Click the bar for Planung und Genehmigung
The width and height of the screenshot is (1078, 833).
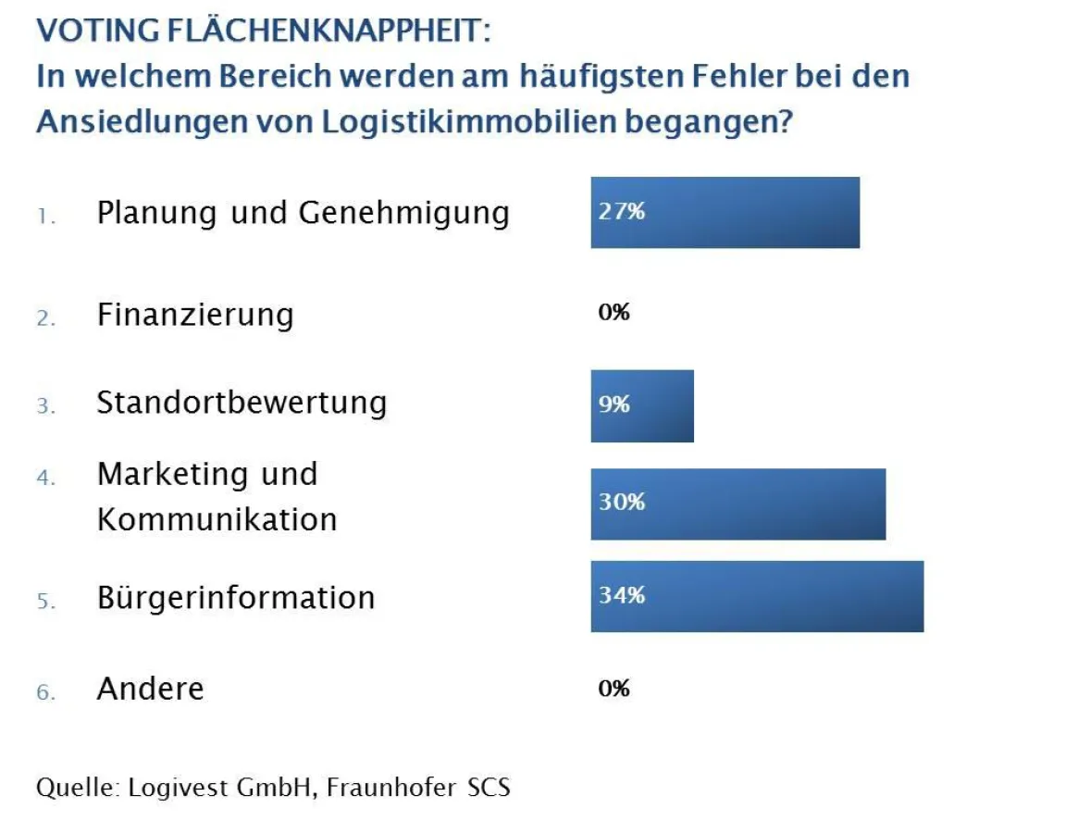point(725,213)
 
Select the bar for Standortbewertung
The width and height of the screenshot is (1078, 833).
point(642,406)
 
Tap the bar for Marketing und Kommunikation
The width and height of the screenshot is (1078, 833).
point(737,504)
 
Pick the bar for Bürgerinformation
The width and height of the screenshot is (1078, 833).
point(757,597)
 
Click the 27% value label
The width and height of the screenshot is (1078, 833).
point(621,211)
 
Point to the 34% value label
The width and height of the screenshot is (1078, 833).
point(621,595)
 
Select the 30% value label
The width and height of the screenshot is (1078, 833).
point(621,502)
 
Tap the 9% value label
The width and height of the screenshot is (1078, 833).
point(613,404)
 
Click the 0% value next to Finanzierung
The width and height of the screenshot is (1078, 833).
point(613,313)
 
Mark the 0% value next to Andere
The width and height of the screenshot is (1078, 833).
point(613,689)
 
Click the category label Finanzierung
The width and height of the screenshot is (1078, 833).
point(195,316)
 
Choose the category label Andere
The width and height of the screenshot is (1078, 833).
point(150,690)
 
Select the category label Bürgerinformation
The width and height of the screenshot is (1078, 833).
point(236,598)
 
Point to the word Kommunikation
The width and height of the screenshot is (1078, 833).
point(217,519)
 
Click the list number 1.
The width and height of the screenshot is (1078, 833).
point(46,218)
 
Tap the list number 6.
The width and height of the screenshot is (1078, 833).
point(46,692)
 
